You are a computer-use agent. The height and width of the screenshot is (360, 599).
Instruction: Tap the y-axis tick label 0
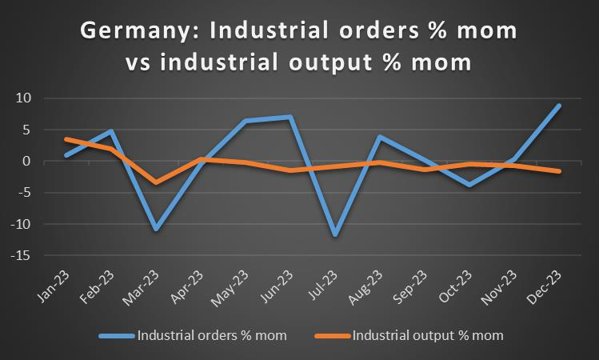point(26,162)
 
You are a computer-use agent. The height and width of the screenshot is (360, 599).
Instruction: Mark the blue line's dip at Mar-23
point(156,230)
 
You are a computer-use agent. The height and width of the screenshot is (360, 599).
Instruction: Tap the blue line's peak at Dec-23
point(558,106)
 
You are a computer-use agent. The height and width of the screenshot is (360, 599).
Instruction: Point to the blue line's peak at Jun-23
point(290,117)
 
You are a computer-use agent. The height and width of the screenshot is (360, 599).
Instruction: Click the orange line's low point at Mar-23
point(156,182)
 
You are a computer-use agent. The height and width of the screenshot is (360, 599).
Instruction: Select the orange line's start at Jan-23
point(66,139)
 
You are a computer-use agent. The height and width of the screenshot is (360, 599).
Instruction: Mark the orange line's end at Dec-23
point(558,171)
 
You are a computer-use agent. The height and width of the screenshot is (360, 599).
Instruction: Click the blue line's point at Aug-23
point(380,137)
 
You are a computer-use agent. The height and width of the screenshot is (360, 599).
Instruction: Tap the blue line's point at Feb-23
point(111,131)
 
